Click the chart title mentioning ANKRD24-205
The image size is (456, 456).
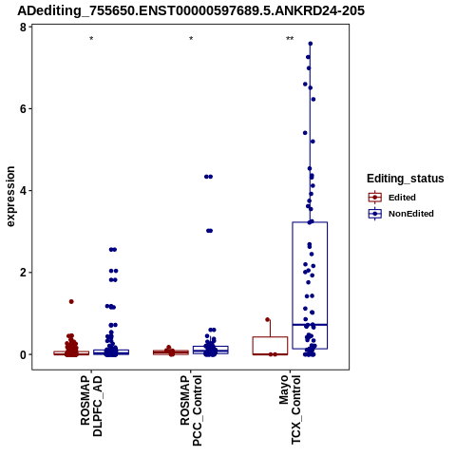click(191, 10)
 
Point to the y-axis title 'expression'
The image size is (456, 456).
click(10, 197)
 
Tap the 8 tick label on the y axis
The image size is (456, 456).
click(23, 28)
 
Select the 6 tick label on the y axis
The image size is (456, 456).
click(23, 109)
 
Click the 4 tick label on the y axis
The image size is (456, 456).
click(23, 191)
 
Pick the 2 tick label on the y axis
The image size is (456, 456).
click(23, 273)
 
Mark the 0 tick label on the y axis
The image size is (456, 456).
click(23, 354)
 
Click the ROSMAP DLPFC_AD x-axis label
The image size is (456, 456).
click(91, 406)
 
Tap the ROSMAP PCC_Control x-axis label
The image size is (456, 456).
click(191, 410)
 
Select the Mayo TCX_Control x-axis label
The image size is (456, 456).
click(290, 409)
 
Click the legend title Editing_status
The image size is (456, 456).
click(406, 179)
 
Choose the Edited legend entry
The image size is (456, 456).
click(392, 198)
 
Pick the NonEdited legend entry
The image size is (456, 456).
click(401, 214)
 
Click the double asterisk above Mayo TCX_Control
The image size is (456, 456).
click(290, 39)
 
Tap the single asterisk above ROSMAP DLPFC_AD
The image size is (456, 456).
click(91, 39)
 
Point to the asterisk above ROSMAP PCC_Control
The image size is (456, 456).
click(191, 39)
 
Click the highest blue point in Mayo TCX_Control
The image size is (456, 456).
click(311, 44)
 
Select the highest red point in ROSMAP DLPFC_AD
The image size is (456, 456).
click(71, 301)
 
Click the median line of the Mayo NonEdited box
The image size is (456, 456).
click(310, 325)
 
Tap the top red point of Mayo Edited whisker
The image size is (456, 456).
click(268, 319)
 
